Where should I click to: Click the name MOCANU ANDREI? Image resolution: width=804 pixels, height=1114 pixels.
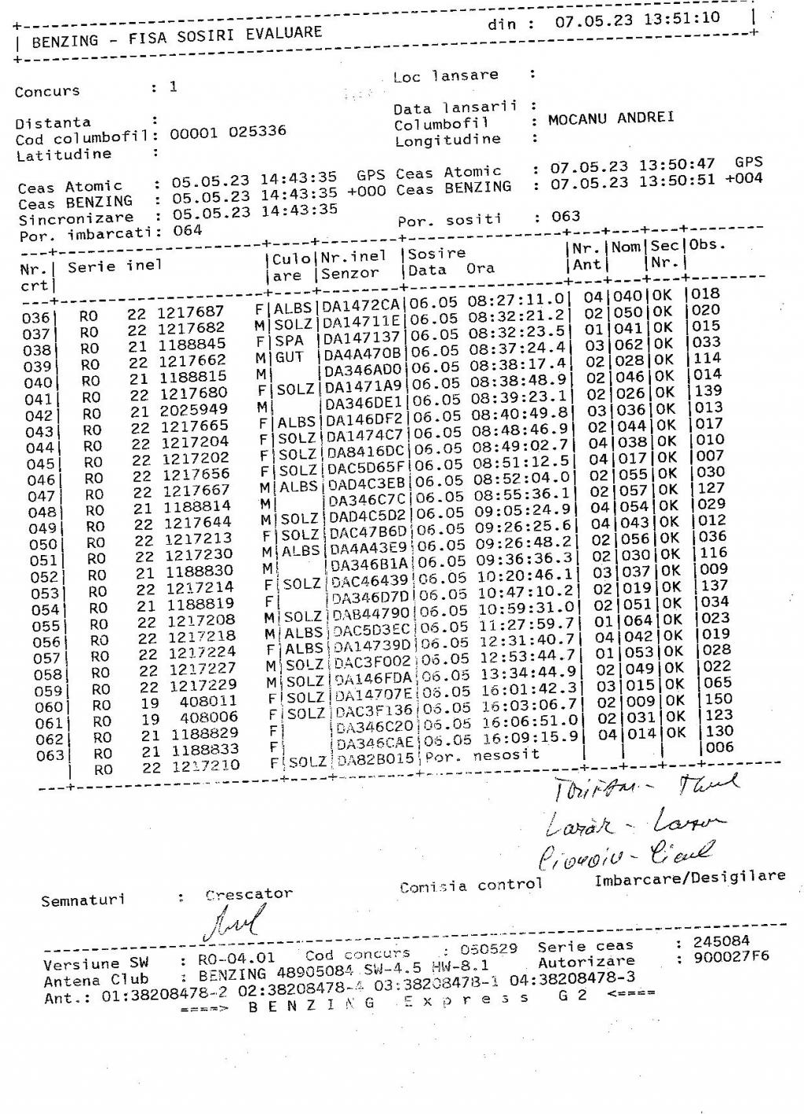pos(611,119)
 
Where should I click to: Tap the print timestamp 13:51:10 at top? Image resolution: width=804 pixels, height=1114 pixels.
pos(682,19)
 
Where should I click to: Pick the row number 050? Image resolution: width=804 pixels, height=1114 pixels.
pos(42,544)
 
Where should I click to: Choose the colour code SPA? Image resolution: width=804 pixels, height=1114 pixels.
pos(289,342)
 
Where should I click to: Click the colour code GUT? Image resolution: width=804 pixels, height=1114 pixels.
pos(290,358)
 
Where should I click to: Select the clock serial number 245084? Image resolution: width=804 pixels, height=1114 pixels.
pos(721,941)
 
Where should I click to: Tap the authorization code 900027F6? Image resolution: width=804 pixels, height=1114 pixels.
pos(731,957)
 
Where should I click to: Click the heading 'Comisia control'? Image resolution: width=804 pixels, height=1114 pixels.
pos(470,886)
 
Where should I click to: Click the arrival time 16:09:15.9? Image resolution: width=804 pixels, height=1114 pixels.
pos(531,737)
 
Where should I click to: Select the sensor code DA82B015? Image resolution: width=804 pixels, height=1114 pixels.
pos(376,760)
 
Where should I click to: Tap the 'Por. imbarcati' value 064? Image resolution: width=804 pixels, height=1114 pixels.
pos(188,231)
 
